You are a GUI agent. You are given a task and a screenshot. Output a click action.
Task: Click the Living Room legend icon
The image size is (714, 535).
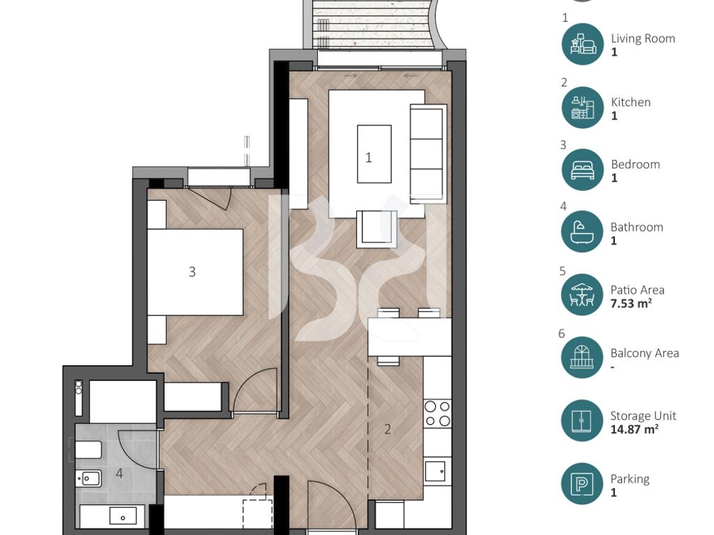(583, 44)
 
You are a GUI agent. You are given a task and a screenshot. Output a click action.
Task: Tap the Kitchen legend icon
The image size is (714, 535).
(583, 107)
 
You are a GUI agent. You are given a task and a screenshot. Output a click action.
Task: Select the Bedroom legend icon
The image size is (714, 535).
(583, 170)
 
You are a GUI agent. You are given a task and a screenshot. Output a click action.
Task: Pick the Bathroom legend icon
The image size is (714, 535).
(582, 232)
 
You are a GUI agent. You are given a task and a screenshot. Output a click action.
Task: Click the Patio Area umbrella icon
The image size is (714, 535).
(582, 295)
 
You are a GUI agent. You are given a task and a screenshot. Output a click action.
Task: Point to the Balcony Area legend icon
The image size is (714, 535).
(582, 357)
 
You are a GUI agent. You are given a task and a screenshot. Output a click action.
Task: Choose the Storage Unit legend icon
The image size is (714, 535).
(582, 421)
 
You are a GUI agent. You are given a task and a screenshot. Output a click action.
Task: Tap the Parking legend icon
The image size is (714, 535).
(582, 483)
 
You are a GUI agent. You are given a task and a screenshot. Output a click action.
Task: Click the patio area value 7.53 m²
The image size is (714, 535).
(630, 304)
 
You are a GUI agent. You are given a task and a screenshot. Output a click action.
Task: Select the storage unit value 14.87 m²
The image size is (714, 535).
(634, 429)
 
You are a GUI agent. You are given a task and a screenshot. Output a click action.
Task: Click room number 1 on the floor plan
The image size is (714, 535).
(368, 158)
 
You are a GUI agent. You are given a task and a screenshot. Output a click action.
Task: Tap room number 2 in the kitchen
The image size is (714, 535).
(388, 429)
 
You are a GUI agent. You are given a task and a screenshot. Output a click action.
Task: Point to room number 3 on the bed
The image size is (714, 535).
(192, 272)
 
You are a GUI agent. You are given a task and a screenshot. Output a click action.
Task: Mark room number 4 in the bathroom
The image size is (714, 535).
(119, 474)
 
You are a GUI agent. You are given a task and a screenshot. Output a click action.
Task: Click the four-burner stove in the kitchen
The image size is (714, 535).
(438, 414)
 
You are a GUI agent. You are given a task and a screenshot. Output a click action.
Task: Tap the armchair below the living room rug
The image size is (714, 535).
(377, 228)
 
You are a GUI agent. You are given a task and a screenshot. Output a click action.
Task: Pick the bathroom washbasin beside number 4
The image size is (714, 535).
(89, 478)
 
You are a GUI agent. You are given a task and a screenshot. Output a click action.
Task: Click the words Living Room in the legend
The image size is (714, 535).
(643, 39)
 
